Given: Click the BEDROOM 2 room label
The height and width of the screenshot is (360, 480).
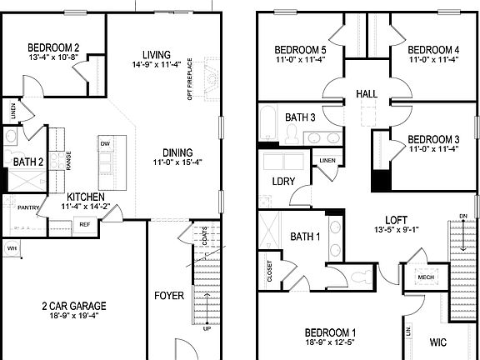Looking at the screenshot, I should pos(53,47).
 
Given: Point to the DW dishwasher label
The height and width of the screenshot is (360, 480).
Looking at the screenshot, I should pos(105,143).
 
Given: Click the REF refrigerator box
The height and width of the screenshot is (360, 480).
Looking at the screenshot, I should pos(84,224).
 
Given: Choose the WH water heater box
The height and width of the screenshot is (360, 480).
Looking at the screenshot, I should pos(12,248).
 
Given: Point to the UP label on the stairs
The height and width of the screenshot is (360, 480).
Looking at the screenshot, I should pos(207,328).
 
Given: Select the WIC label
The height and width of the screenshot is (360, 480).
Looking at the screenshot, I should pos(439,342).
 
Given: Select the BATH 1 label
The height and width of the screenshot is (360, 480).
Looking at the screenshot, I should pos(305,237).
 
